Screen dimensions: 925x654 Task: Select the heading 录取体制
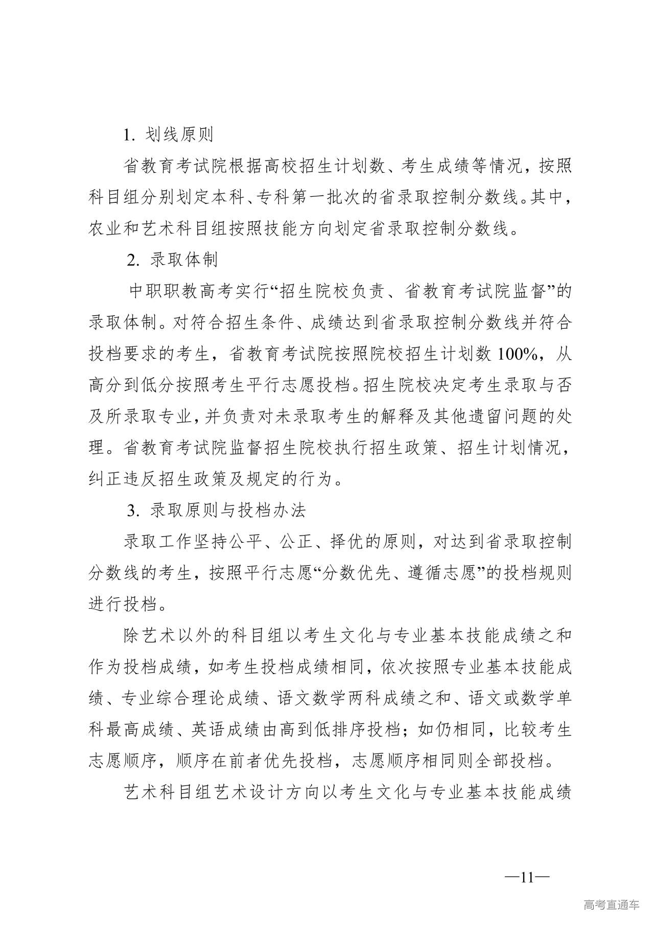tap(183, 260)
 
